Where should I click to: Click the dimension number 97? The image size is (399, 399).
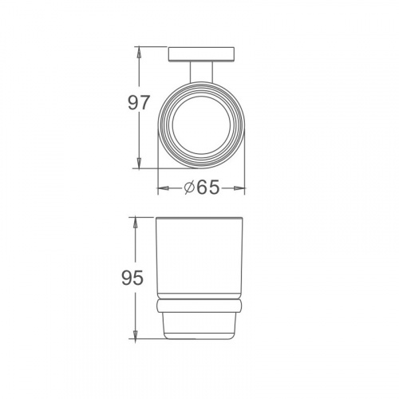(139, 103)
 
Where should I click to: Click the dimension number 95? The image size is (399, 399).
(132, 278)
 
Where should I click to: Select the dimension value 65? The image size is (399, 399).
(208, 188)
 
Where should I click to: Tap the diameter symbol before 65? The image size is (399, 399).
(189, 188)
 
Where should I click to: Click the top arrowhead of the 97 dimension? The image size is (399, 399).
(139, 53)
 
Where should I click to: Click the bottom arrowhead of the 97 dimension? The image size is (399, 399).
(139, 163)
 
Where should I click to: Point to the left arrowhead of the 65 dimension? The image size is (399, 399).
(164, 188)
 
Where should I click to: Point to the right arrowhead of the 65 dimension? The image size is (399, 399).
(239, 188)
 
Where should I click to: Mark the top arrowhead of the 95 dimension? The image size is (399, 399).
(136, 223)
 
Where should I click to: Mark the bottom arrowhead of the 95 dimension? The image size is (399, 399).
(136, 333)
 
